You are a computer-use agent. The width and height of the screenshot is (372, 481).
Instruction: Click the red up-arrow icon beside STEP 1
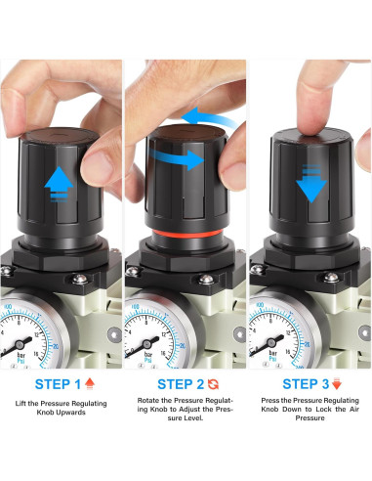click(91, 383)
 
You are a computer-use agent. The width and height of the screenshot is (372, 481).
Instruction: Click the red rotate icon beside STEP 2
click(216, 383)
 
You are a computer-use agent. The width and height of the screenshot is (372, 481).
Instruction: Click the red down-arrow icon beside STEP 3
click(340, 383)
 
